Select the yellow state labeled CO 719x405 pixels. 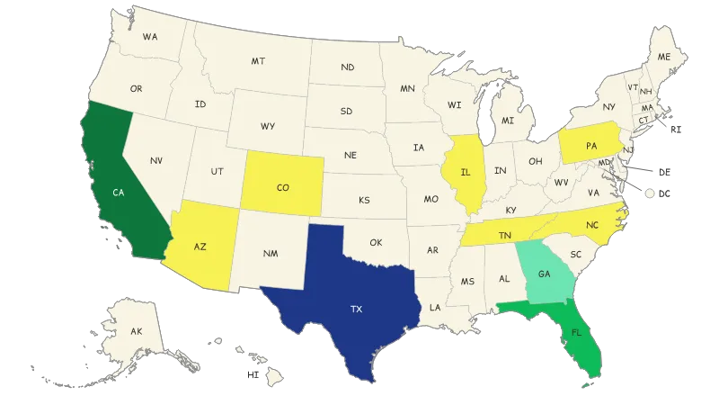pyautogui.click(x=283, y=188)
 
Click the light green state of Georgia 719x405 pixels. pyautogui.click(x=544, y=274)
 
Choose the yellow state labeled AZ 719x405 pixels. pyautogui.click(x=200, y=246)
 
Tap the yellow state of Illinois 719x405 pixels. pyautogui.click(x=466, y=171)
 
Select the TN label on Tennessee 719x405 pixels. pyautogui.click(x=505, y=235)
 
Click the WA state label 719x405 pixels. pyautogui.click(x=150, y=37)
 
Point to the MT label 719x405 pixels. pyautogui.click(x=258, y=61)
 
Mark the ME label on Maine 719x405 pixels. pyautogui.click(x=664, y=57)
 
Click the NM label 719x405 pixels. pyautogui.click(x=271, y=254)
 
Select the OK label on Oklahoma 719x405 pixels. pyautogui.click(x=376, y=242)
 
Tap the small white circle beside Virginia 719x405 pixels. pyautogui.click(x=647, y=193)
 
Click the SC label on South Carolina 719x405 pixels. pyautogui.click(x=577, y=255)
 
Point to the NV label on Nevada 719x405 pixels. pyautogui.click(x=156, y=160)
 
